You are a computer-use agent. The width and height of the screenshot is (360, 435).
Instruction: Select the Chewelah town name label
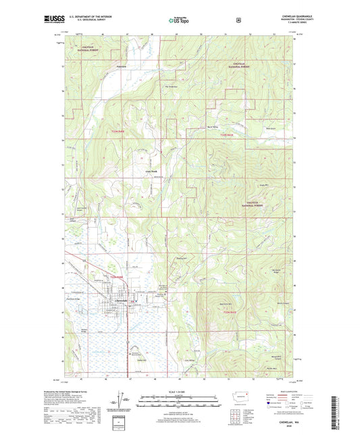point(120,299)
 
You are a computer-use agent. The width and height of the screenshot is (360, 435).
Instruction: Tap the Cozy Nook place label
point(151,172)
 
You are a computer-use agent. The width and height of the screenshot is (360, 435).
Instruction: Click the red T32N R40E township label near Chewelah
point(118,278)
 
